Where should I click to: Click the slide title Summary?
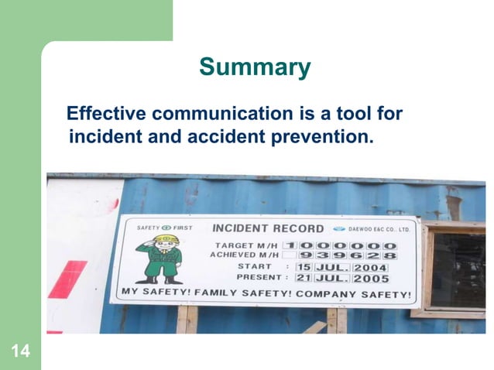[x=255, y=67]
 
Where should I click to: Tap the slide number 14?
[x=21, y=353]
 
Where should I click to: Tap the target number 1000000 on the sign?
[x=348, y=245]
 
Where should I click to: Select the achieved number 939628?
[x=348, y=255]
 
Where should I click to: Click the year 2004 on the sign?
[x=370, y=267]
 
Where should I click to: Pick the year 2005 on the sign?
[x=370, y=278]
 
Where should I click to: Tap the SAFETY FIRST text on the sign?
[x=164, y=228]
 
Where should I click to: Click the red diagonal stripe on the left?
[x=68, y=279]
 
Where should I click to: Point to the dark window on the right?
[x=458, y=270]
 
